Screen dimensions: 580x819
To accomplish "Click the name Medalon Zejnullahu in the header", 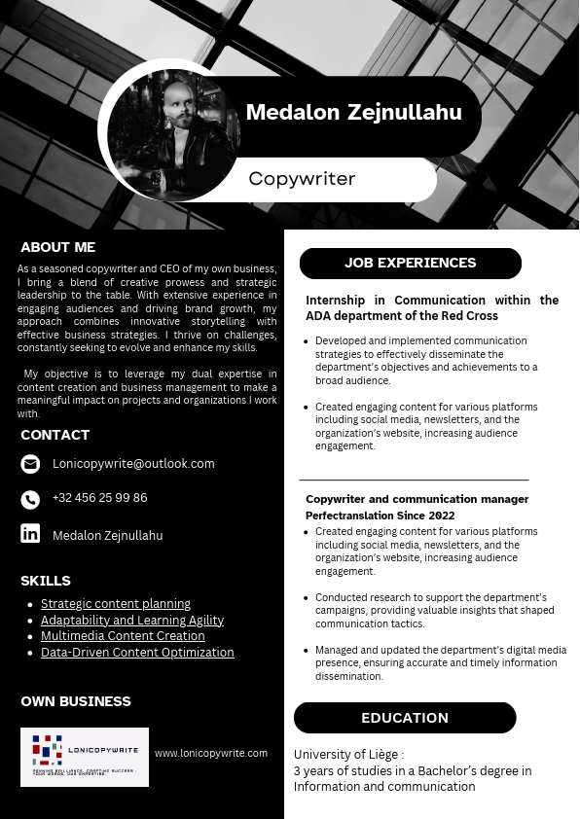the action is coord(353,112).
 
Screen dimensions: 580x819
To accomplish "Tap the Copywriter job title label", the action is coord(302,179).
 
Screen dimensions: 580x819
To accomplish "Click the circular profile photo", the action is coord(173,130).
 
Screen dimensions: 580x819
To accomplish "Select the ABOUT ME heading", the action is coord(58,247).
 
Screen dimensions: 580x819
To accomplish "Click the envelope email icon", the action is coord(30,464).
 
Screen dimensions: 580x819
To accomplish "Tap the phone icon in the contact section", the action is coord(30,499).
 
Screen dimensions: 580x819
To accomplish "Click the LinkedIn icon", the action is coord(30,533).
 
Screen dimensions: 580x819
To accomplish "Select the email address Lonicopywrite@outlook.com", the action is coord(133,464).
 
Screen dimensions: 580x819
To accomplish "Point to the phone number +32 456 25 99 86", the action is coord(100,498).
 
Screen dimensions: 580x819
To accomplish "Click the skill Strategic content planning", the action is coord(116,604).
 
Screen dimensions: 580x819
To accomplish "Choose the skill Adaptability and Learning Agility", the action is coord(132,621).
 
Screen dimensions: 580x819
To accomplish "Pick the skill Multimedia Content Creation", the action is coord(123,636).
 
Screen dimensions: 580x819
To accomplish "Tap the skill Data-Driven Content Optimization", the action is coord(137,653).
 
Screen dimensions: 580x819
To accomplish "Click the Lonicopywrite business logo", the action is coord(85,757).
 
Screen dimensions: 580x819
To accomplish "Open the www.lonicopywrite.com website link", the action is coord(211,753).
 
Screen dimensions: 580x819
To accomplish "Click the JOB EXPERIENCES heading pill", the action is coord(410,263).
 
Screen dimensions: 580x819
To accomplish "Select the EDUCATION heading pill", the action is coord(405,718).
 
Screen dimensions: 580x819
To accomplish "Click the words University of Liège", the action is coord(346,755).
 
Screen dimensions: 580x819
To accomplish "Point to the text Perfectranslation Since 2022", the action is coord(380,516).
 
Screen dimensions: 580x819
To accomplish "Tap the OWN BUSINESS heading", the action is coord(76,701).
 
